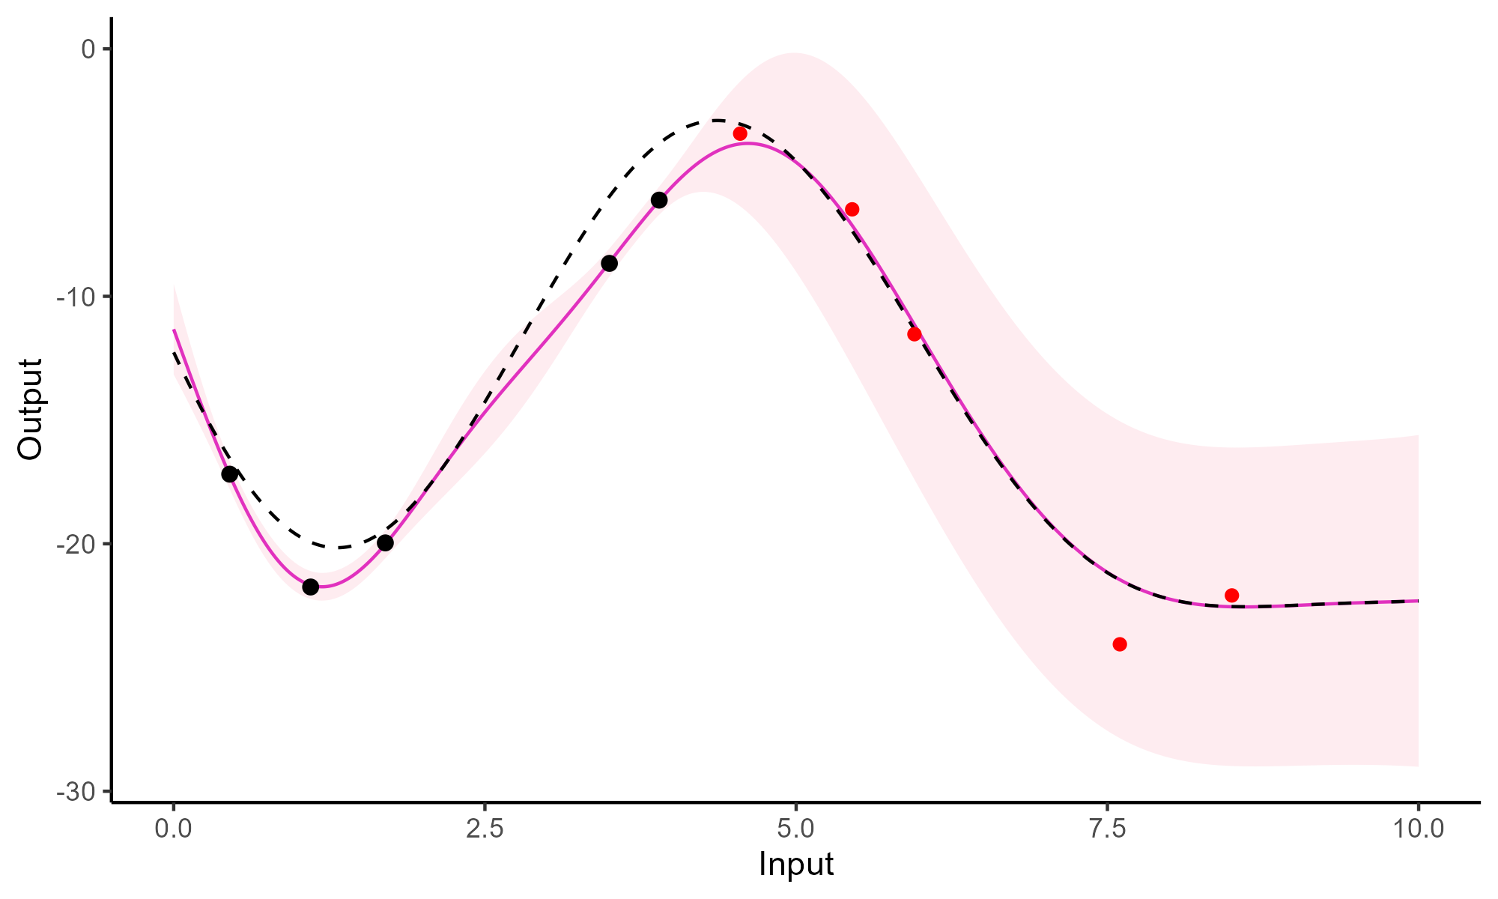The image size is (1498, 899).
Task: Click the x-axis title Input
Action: [795, 865]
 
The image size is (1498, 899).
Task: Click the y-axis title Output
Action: [31, 409]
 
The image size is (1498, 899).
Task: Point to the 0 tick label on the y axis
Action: [88, 49]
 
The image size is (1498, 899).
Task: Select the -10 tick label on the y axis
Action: [77, 297]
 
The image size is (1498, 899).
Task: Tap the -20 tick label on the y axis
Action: [77, 544]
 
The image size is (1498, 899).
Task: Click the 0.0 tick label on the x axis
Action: [174, 829]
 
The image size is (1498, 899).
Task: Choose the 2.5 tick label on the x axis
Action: [485, 829]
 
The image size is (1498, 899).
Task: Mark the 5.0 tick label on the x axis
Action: [795, 829]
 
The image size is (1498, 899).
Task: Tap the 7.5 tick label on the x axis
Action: [1107, 829]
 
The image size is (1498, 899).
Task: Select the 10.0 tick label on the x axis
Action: [1418, 829]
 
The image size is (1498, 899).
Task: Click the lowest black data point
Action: [310, 587]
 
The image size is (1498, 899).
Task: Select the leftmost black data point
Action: [230, 474]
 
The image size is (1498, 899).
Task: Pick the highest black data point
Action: [659, 200]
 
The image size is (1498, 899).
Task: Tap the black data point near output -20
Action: [385, 542]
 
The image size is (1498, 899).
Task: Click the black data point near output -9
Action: [609, 263]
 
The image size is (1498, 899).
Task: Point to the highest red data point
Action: [740, 133]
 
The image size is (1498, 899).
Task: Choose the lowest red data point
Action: [1120, 644]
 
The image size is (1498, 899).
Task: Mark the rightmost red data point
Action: [1231, 596]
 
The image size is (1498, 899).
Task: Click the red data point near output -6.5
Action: [852, 209]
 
